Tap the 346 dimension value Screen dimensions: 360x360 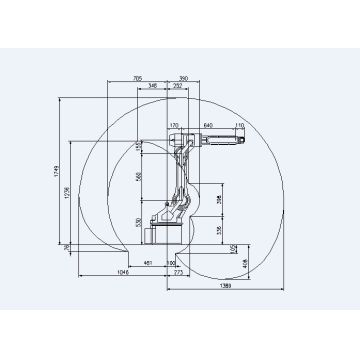(x=151, y=88)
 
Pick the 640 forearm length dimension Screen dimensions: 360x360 (x=209, y=125)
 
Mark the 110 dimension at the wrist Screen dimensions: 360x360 (x=239, y=125)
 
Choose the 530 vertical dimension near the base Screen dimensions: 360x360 (x=140, y=222)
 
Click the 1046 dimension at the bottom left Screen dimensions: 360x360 (x=124, y=272)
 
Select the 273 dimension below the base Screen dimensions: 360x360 (x=180, y=272)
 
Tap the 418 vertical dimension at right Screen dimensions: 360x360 (x=246, y=261)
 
